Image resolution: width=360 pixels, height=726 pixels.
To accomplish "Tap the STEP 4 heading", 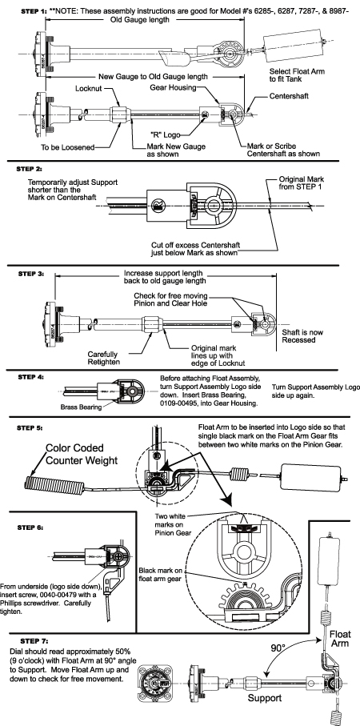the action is point(31,376).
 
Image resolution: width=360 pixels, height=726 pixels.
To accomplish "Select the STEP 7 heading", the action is point(34,641).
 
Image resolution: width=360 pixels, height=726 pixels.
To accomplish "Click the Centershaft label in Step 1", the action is point(289,96).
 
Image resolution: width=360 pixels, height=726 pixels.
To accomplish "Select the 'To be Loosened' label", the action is point(67,147).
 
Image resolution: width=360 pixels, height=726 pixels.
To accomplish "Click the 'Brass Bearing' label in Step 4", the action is point(80,407).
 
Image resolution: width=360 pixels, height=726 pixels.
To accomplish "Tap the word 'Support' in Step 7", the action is point(265,698).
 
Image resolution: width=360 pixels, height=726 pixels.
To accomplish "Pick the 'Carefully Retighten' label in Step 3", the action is point(105,358).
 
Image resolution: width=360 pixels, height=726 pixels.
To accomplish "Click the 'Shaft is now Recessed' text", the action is point(302,335).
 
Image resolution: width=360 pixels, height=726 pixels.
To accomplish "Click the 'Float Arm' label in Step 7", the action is point(340,639).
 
